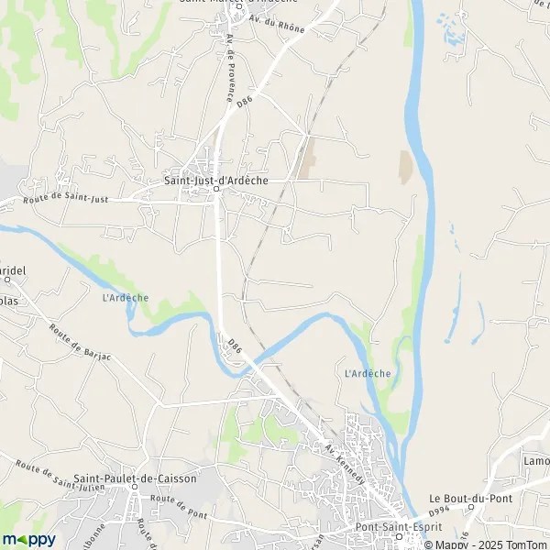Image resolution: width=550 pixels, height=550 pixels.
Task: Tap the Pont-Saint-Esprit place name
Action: point(399,528)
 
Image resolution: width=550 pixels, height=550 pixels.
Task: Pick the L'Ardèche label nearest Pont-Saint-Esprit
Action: point(368,373)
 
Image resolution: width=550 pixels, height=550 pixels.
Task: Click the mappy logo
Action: point(29,539)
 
